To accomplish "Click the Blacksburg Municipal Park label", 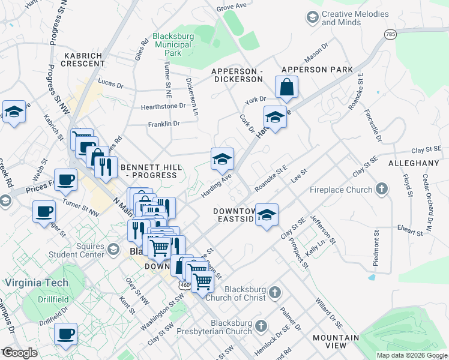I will [173, 44].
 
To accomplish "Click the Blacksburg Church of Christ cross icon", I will [274, 293].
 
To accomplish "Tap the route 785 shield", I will [391, 34].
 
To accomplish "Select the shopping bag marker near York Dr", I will [288, 87].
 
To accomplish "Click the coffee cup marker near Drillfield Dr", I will [65, 334].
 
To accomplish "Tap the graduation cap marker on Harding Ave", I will [222, 159].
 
